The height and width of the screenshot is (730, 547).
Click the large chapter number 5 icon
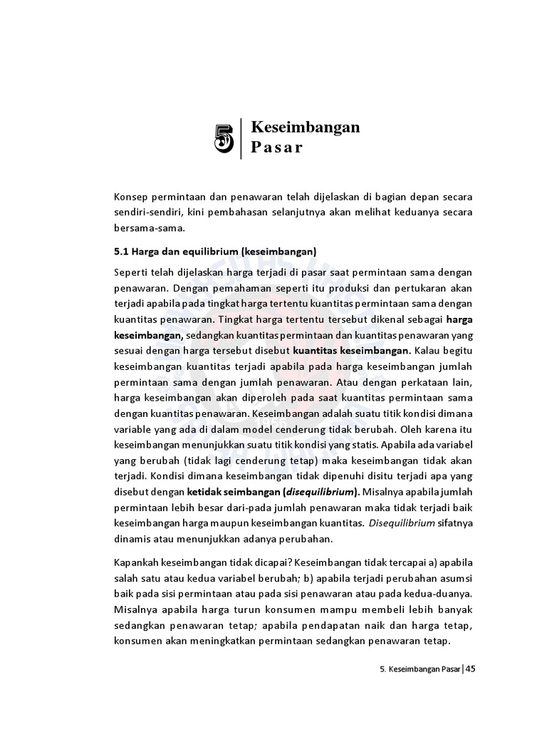click(x=224, y=138)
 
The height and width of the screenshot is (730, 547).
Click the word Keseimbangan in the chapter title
click(x=306, y=128)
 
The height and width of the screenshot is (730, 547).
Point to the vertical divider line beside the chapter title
click(x=242, y=138)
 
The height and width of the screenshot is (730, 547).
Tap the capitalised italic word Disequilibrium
click(x=401, y=523)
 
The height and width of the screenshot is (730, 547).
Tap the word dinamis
click(x=132, y=539)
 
